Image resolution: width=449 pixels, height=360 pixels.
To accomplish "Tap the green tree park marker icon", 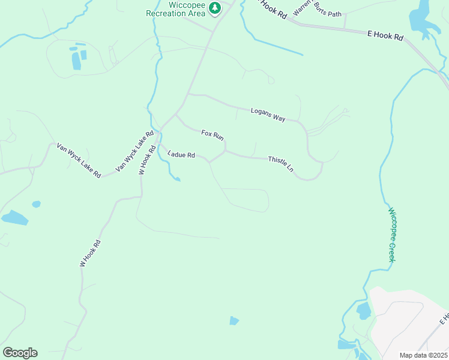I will tap(215, 8).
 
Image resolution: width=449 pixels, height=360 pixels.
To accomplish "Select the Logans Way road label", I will tap(268, 115).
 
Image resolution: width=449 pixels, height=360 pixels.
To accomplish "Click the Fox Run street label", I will tap(212, 136).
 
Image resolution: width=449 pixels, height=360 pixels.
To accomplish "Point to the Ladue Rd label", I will tap(181, 155).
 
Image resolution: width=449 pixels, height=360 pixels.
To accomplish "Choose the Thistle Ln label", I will tap(281, 164).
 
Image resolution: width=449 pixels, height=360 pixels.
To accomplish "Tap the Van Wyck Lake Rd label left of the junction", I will tap(79, 160).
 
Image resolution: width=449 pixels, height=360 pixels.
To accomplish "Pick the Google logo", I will tap(20, 353).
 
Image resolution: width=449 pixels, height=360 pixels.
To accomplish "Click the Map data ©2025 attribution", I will tap(424, 355).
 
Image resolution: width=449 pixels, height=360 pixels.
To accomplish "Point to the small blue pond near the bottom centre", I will tap(234, 321).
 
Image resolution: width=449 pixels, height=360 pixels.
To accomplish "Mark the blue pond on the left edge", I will tap(14, 218).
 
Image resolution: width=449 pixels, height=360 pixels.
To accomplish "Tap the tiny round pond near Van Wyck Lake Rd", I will tap(36, 204).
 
